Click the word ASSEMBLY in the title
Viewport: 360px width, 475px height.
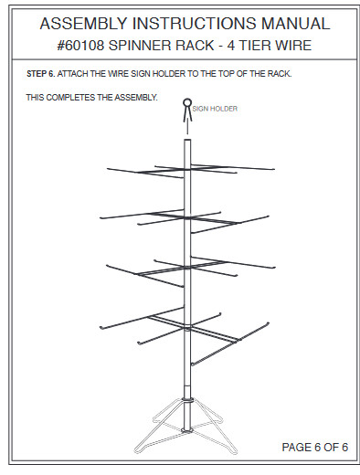[81, 22]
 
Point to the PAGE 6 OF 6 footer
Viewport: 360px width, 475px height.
[314, 447]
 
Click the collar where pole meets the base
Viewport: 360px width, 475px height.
[187, 398]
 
